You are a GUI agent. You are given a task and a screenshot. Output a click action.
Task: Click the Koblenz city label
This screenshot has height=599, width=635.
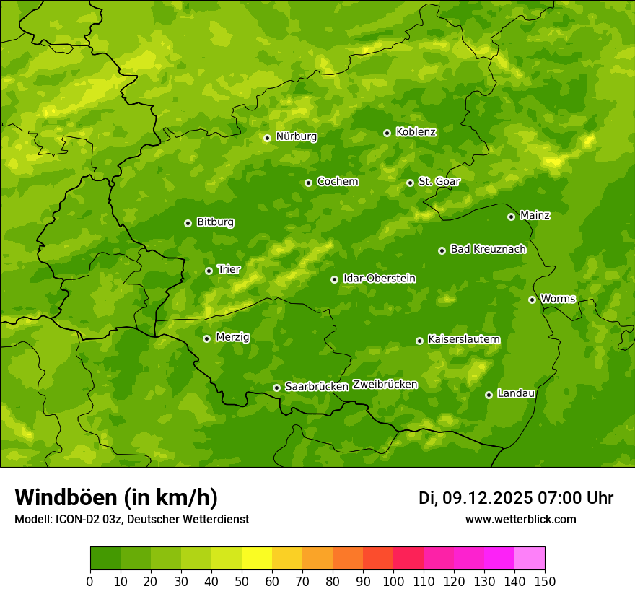coord(416,132)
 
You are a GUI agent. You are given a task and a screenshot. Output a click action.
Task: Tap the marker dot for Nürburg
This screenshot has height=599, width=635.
coord(267,138)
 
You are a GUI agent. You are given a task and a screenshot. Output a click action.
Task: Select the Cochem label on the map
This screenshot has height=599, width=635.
coord(337,182)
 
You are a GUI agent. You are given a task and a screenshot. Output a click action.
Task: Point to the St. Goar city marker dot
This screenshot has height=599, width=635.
coord(410,183)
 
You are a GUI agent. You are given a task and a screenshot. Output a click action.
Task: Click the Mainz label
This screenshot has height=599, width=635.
coord(535,215)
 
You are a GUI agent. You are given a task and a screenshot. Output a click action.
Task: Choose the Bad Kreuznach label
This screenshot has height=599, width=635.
coord(488,249)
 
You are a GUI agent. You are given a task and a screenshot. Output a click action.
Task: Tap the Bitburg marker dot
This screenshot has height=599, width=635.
coord(188,223)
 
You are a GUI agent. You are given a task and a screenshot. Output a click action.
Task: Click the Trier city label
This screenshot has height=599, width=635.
coord(229,269)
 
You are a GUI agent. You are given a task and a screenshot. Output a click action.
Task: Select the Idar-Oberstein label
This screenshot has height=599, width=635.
coord(379,279)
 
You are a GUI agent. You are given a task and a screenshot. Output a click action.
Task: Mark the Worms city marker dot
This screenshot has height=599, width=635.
coord(532,299)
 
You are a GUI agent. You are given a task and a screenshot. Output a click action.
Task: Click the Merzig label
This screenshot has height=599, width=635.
coord(232,337)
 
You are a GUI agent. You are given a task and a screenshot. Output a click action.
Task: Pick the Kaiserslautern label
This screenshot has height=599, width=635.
coord(463,339)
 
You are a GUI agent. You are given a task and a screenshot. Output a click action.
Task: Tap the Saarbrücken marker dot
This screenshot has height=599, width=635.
coord(276,388)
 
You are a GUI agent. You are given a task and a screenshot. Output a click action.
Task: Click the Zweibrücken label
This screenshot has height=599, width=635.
coord(385,385)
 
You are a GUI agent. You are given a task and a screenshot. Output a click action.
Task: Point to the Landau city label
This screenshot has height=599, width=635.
coord(516,393)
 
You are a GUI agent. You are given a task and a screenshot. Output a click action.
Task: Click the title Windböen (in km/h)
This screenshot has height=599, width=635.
coord(115,497)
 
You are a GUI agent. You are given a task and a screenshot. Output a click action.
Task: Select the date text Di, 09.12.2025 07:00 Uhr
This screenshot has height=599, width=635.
coord(515,498)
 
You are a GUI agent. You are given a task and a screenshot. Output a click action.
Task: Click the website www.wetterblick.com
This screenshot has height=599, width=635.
coord(520,519)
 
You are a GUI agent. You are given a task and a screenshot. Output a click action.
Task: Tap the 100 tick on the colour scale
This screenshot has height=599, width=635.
coord(393,581)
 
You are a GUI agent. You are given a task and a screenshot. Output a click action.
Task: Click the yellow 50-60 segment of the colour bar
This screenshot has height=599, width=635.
coord(256,559)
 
